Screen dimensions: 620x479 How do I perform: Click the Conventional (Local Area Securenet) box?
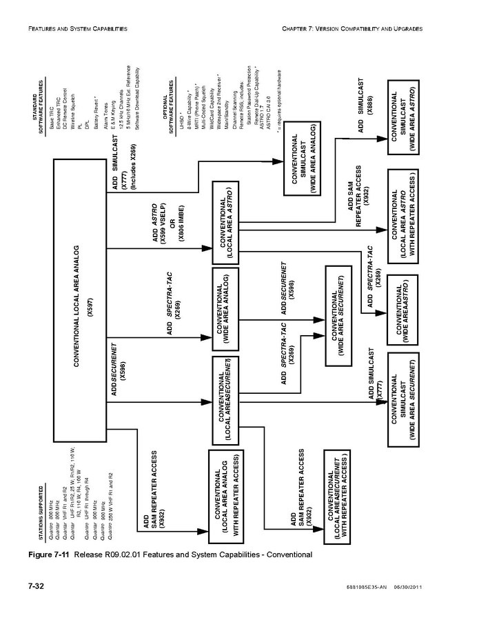pos(228,398)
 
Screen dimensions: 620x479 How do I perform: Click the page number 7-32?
pos(36,587)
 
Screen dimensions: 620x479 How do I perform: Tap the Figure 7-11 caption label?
pos(48,554)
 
